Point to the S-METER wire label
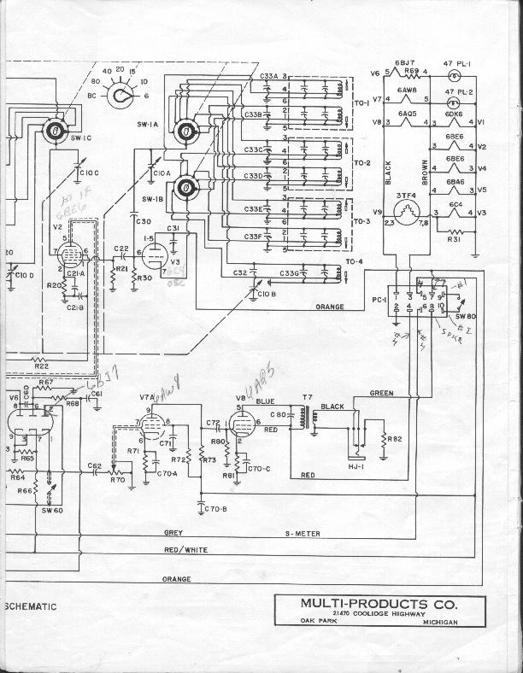303,534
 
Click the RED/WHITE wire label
185,549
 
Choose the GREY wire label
173,533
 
